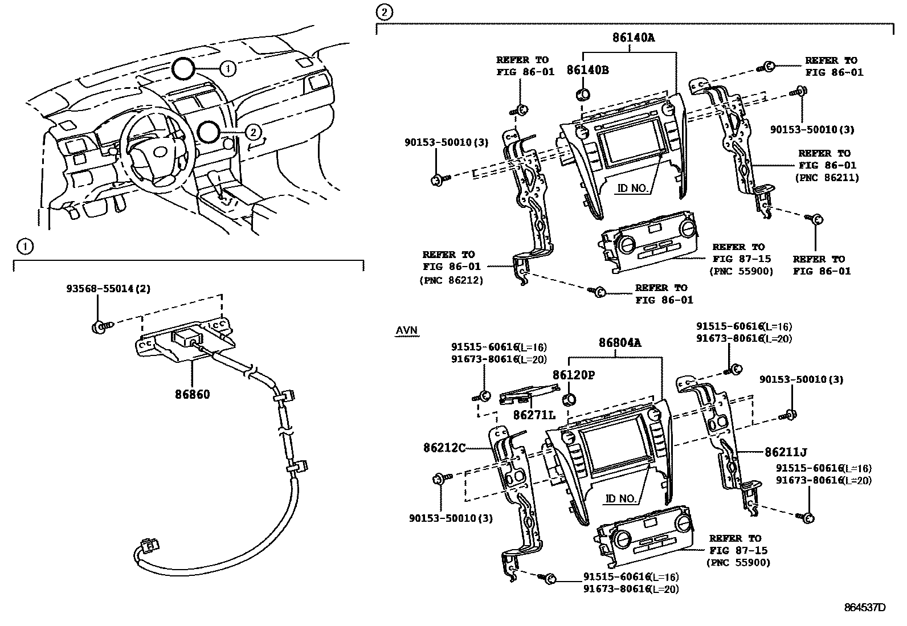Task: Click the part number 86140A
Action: coord(634,38)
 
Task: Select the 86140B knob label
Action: coord(587,70)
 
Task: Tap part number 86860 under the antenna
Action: coord(192,394)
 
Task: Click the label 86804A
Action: coord(619,343)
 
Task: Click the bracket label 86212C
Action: coord(444,448)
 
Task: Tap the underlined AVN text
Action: coord(406,331)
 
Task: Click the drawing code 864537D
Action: coord(865,607)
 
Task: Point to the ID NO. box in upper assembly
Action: coord(632,188)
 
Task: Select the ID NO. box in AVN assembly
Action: coord(620,498)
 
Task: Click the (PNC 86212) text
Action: coord(451,280)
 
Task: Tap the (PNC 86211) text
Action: coord(827,177)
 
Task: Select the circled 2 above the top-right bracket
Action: coord(385,11)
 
